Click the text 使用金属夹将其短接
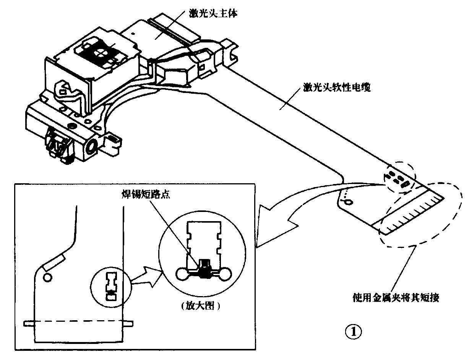[x=396, y=297]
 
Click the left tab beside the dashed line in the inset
[x=29, y=324]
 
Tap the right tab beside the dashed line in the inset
[x=128, y=324]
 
